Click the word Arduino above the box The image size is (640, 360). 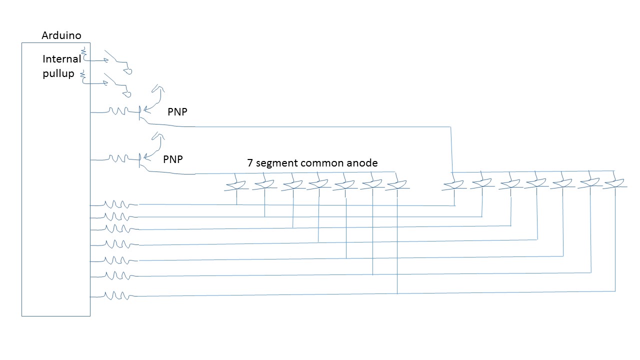(x=61, y=35)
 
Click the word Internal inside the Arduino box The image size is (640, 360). (x=61, y=59)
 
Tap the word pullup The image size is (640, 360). (x=58, y=74)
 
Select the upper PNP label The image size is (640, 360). (x=177, y=112)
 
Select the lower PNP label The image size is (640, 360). (x=173, y=159)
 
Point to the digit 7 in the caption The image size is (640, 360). (x=250, y=163)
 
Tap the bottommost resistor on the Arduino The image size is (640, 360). (x=117, y=296)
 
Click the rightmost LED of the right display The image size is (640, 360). (x=614, y=183)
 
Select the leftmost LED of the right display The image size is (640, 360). (x=453, y=185)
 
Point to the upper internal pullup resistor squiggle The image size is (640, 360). (x=84, y=52)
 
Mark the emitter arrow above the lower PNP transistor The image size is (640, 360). (x=156, y=137)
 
